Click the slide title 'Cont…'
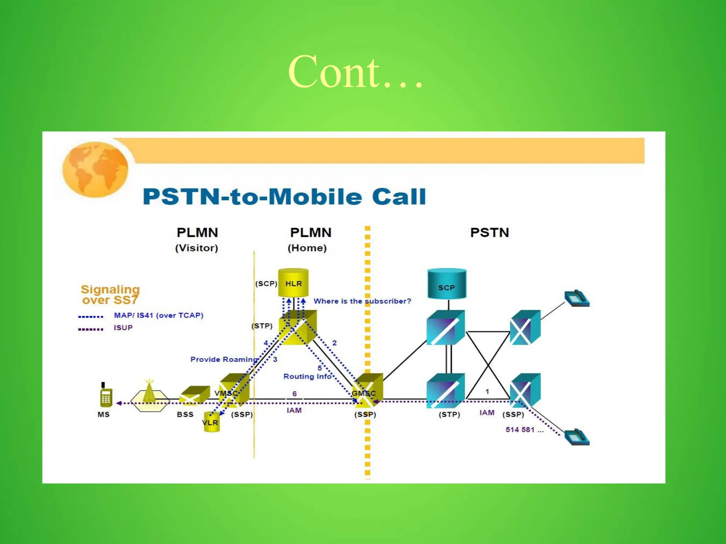coord(356,72)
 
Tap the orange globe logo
coord(95,169)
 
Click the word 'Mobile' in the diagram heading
coord(315,197)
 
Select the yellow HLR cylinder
coord(293,283)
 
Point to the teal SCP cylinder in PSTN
coord(447,284)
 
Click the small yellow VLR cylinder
coord(211,422)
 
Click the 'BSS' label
coord(185,414)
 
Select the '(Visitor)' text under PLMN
coord(196,248)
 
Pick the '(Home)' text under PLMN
coord(307,248)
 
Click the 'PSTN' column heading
coord(490,233)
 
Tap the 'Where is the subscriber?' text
coord(362,301)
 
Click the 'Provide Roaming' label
coord(224,359)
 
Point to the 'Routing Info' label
coord(307,376)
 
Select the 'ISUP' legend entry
coord(123,328)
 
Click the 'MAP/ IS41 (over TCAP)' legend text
coord(158,315)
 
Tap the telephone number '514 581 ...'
coord(524,430)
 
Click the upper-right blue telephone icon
coord(577,299)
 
